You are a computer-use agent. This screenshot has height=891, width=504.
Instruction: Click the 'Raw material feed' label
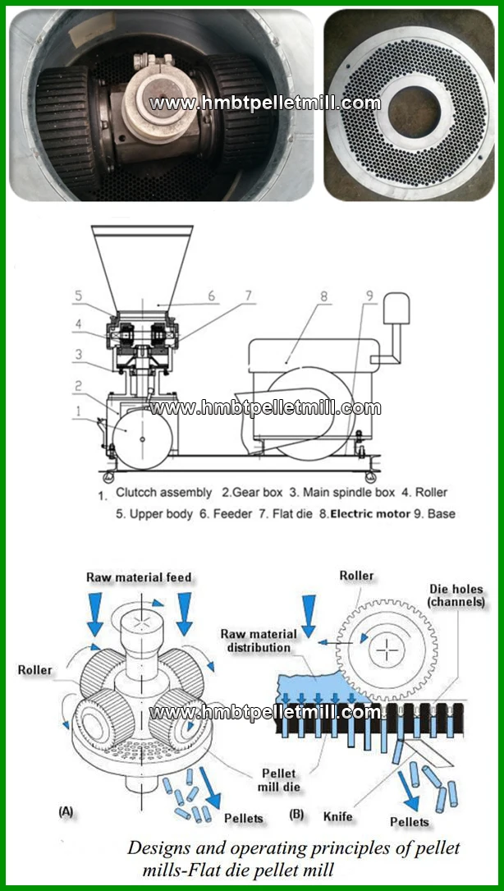pyautogui.click(x=139, y=577)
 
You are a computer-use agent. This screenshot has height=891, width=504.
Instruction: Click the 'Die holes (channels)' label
pyautogui.click(x=456, y=596)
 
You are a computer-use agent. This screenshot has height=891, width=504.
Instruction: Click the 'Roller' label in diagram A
pyautogui.click(x=34, y=670)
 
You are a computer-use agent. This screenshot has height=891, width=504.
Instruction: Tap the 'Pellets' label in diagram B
pyautogui.click(x=409, y=822)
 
